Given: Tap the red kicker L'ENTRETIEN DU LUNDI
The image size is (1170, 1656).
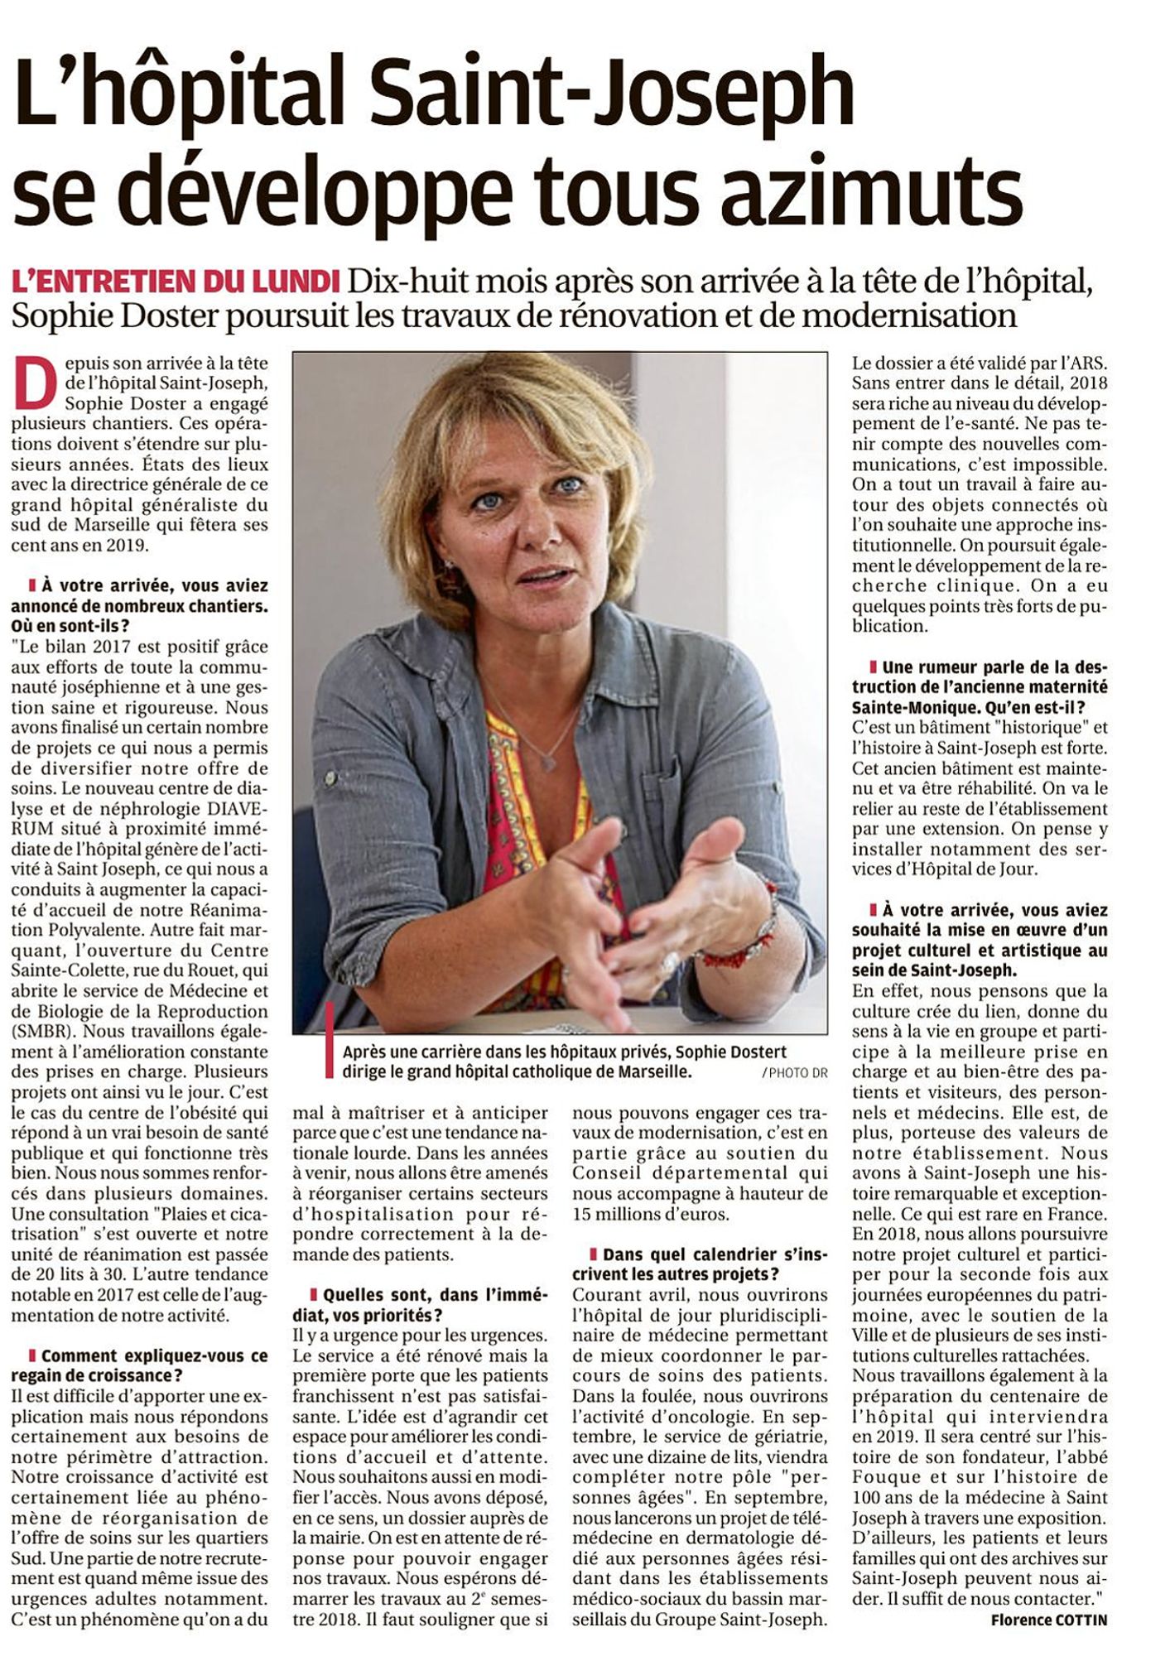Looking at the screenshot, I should pos(176,282).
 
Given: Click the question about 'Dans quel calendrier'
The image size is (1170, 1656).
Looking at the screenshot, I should pos(701,1264).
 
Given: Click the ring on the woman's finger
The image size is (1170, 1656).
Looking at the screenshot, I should pos(670,960).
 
